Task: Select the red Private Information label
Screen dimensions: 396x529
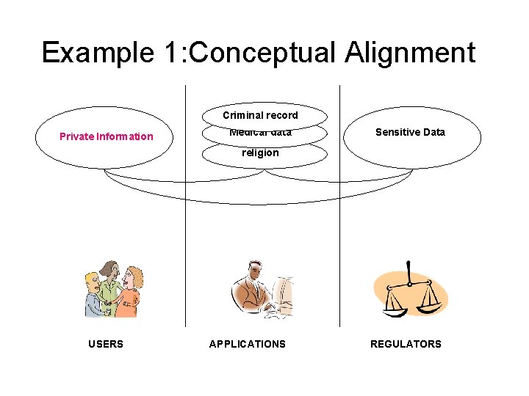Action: tap(107, 136)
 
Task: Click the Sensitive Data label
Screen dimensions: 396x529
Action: tap(410, 132)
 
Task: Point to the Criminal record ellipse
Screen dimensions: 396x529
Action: tap(261, 115)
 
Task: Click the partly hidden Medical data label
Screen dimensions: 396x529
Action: tap(261, 133)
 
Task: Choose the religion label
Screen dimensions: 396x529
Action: tap(261, 153)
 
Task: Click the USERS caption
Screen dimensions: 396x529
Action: tap(106, 344)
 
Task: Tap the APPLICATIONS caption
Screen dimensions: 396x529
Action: tap(248, 344)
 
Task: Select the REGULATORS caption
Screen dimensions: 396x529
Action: tap(406, 344)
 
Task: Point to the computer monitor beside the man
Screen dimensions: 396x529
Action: tap(284, 293)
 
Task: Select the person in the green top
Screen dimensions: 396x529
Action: tap(111, 282)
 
